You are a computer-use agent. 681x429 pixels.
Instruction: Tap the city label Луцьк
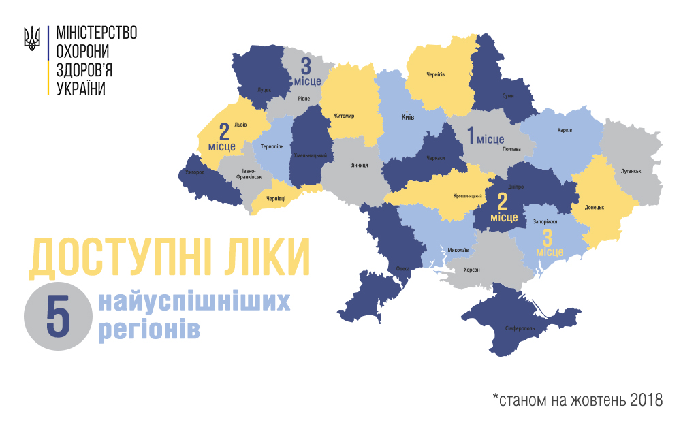[x=264, y=89]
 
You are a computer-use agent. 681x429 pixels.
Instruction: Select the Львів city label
[x=240, y=125]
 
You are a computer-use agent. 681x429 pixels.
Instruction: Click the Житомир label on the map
[x=344, y=116]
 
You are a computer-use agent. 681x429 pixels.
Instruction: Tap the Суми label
[x=507, y=96]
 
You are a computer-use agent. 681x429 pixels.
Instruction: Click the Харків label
[x=565, y=130]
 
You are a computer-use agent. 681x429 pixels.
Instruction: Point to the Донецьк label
[x=595, y=207]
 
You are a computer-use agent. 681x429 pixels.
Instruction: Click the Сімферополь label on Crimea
[x=520, y=328]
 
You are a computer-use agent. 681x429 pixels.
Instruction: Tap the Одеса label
[x=402, y=268]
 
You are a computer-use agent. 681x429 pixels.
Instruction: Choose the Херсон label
[x=471, y=270]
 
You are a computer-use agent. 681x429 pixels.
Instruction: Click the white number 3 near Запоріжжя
[x=548, y=238]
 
